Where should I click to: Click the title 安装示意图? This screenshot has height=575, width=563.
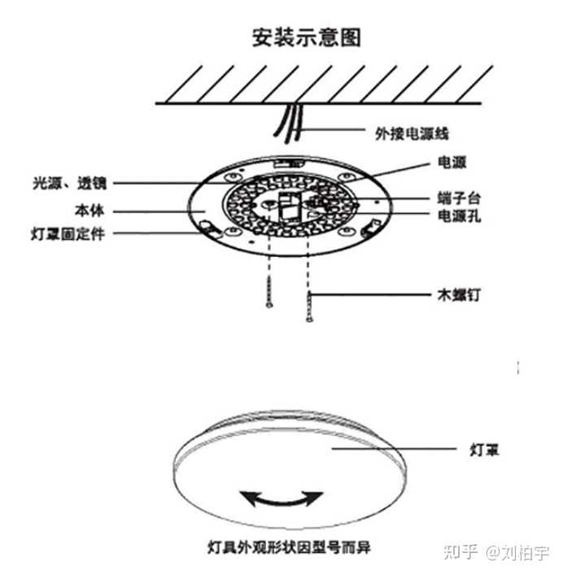tap(306, 37)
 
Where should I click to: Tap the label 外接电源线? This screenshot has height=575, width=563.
tap(412, 133)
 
